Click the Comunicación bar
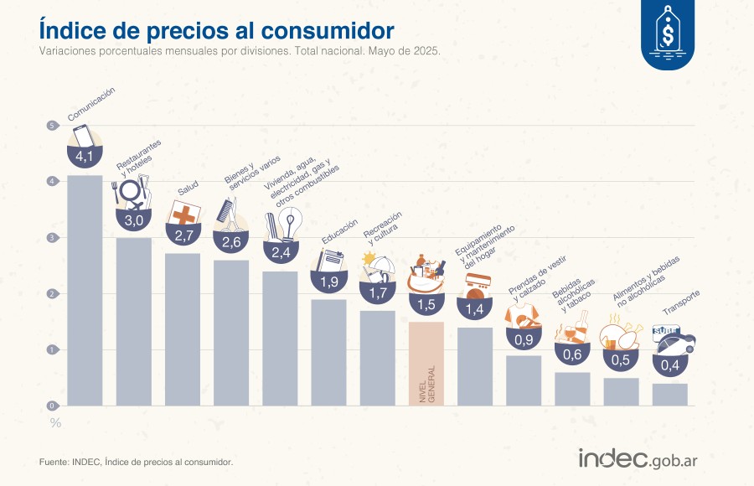coord(85,290)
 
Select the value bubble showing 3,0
coord(134,220)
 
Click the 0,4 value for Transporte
coord(670,366)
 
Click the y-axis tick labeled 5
coord(52,126)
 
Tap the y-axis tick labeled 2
coord(52,294)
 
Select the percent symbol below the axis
coord(55,422)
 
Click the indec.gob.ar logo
coord(638,458)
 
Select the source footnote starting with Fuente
coord(136,462)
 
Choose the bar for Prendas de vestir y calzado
coord(524,380)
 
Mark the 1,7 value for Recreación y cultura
coord(378,292)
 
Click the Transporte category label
coord(681,307)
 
